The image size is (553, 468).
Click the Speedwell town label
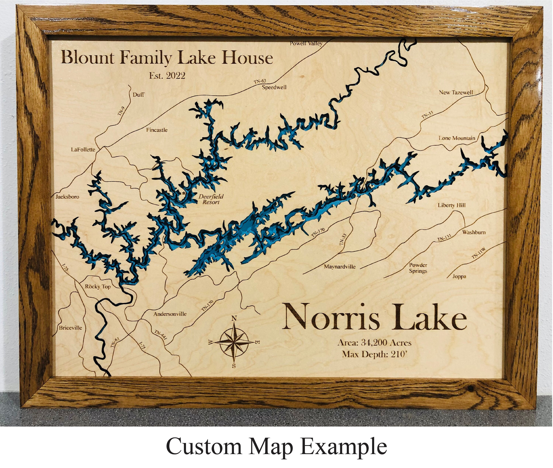click(274, 87)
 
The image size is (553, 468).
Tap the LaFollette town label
click(83, 150)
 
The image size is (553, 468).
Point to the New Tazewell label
click(456, 93)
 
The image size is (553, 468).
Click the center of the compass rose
click(234, 342)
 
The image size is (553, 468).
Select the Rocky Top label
click(98, 286)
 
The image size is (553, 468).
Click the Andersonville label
click(170, 314)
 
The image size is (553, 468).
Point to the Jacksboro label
click(67, 197)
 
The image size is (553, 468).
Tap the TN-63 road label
click(260, 81)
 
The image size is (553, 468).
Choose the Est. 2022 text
click(167, 76)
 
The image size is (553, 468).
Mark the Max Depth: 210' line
click(375, 354)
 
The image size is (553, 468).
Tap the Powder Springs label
click(418, 268)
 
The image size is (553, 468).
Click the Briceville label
click(70, 328)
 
